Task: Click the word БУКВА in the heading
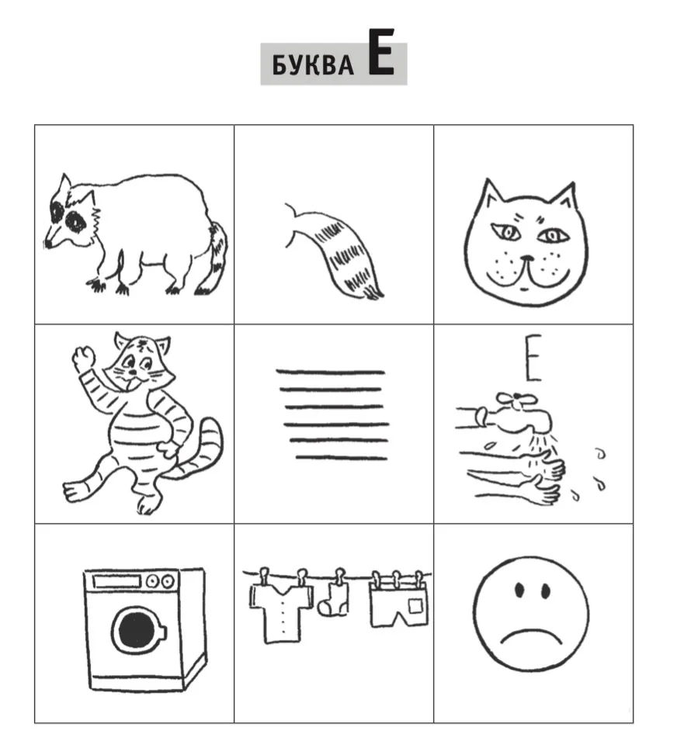tap(313, 65)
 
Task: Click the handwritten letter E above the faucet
tap(533, 358)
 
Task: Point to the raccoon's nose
tap(47, 244)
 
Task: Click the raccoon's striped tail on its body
tap(215, 258)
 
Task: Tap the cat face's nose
tap(528, 259)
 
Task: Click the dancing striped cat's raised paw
tap(84, 358)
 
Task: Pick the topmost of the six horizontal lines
tap(330, 372)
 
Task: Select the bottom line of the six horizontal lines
tap(342, 458)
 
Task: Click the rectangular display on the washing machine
tap(117, 581)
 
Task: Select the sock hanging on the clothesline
tap(334, 600)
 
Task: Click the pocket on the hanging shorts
tap(415, 606)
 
